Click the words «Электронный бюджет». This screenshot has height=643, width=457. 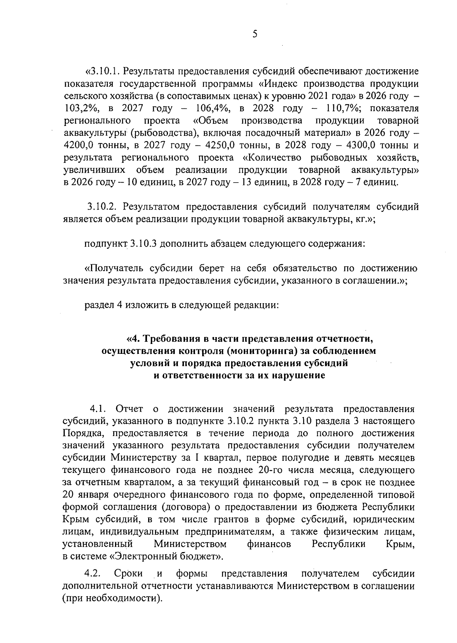pos(166,557)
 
